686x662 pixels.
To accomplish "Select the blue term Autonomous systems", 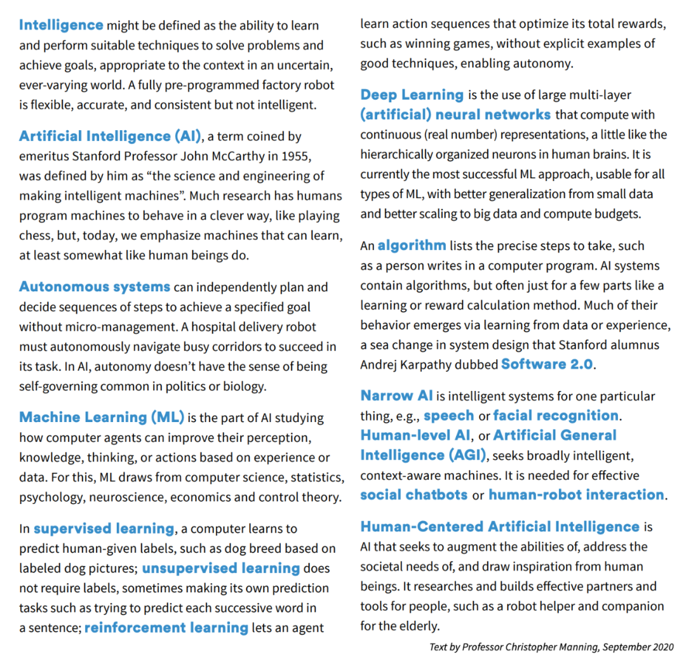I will (95, 286).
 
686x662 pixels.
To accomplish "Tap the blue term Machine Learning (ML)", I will (102, 417).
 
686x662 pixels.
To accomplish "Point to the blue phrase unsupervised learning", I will (221, 568).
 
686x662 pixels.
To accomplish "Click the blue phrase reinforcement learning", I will (166, 628).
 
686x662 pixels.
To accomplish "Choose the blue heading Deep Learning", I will (412, 95).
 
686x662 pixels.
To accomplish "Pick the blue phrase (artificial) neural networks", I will (455, 115).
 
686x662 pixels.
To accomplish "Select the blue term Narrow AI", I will (396, 395).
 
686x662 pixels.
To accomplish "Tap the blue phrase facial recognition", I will (556, 416).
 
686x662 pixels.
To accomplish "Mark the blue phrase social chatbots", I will (414, 495).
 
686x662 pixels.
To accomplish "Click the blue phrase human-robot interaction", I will (576, 495).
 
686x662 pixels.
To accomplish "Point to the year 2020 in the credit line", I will (660, 647).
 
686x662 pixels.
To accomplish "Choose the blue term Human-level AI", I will (416, 435).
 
